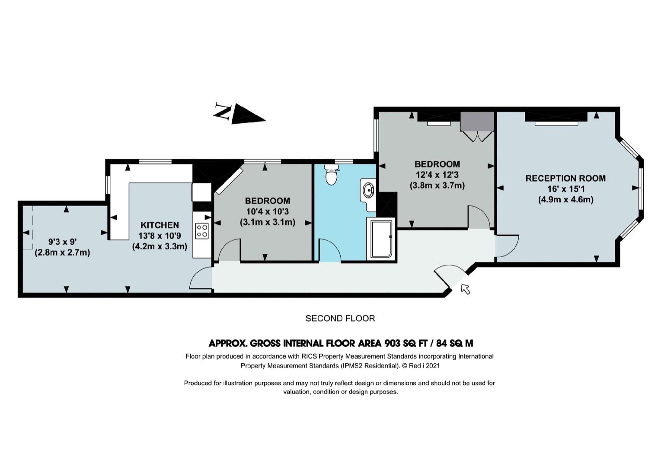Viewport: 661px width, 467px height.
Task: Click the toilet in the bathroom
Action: [331, 174]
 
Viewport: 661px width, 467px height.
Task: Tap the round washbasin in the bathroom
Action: [368, 190]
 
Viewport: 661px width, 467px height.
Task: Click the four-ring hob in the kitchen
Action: [202, 231]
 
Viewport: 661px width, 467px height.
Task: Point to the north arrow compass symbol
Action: [239, 114]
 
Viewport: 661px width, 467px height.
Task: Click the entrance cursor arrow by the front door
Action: [465, 289]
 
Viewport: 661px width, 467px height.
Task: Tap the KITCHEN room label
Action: [160, 225]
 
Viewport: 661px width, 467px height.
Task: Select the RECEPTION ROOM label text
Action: [566, 178]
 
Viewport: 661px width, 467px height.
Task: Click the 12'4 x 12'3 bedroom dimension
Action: [437, 175]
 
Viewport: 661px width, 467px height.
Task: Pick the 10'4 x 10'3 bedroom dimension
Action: [268, 211]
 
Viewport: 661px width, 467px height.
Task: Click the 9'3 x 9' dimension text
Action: [63, 242]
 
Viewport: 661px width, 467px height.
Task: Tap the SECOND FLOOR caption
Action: [340, 318]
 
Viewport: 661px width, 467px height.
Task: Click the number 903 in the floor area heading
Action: [393, 343]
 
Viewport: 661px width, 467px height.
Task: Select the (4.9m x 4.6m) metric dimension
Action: [566, 199]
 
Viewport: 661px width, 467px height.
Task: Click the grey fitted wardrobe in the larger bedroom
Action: [477, 121]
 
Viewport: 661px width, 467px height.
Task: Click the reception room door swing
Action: [507, 246]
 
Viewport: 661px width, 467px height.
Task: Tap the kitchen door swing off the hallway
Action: [201, 278]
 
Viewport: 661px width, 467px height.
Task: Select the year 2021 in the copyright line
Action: [432, 365]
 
